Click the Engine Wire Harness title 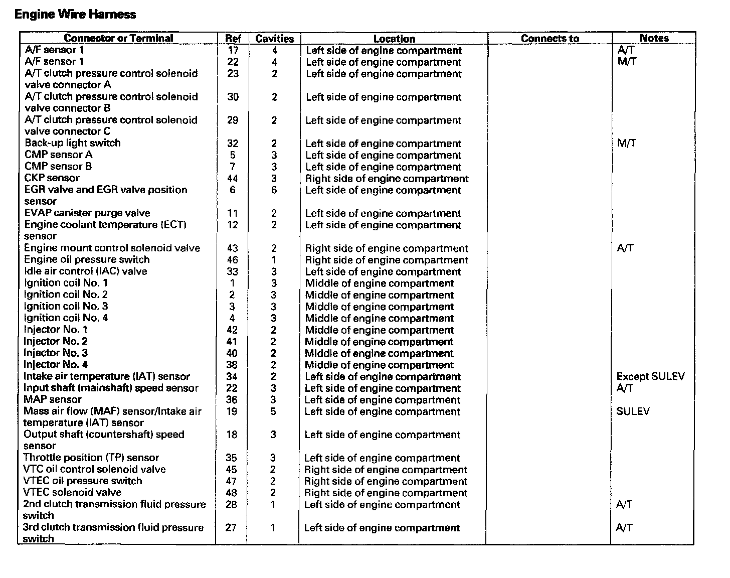click(75, 14)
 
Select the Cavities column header click(274, 39)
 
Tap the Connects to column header click(550, 39)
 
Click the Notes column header click(654, 38)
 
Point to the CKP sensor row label click(52, 178)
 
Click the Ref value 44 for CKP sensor click(232, 179)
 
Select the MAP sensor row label click(53, 400)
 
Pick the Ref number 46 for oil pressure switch click(232, 260)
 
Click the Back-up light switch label click(73, 143)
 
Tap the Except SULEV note click(650, 377)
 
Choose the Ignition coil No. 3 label click(66, 306)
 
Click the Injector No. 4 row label click(56, 365)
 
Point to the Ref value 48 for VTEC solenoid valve click(231, 493)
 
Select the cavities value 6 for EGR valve click(274, 190)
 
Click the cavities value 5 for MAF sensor click(273, 411)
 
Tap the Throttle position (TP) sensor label click(91, 458)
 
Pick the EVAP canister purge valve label click(87, 213)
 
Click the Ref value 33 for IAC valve click(232, 271)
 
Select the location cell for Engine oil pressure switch click(387, 260)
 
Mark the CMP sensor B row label click(58, 167)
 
